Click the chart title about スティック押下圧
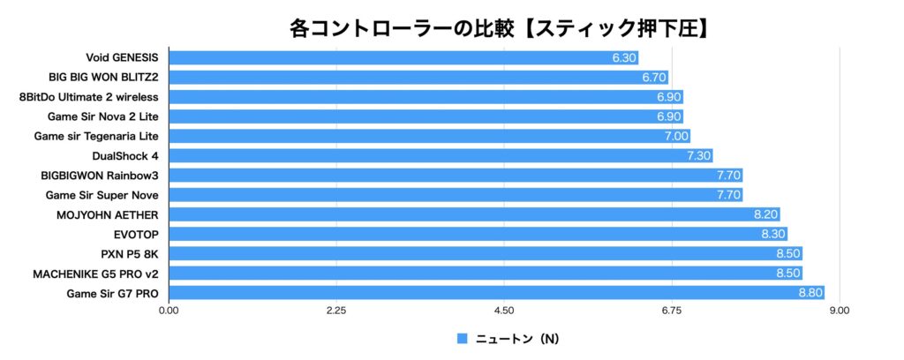499,27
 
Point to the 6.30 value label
623,58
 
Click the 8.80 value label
810,292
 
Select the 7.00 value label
675,137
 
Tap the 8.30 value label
773,234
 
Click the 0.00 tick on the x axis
168,311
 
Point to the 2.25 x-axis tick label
335,311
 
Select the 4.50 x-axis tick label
504,311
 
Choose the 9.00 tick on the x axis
840,311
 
